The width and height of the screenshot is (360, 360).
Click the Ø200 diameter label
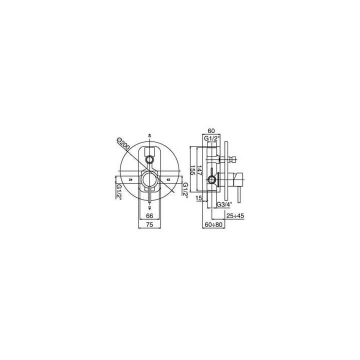click(123, 144)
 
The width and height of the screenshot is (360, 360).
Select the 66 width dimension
click(149, 216)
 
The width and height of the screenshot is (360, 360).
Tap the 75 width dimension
click(149, 224)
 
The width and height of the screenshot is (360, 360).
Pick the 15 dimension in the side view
click(199, 198)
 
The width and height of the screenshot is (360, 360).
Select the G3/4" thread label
click(224, 204)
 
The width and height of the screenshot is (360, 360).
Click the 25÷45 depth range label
click(235, 216)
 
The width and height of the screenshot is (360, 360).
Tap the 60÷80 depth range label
click(214, 224)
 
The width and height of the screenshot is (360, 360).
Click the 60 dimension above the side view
click(211, 131)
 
